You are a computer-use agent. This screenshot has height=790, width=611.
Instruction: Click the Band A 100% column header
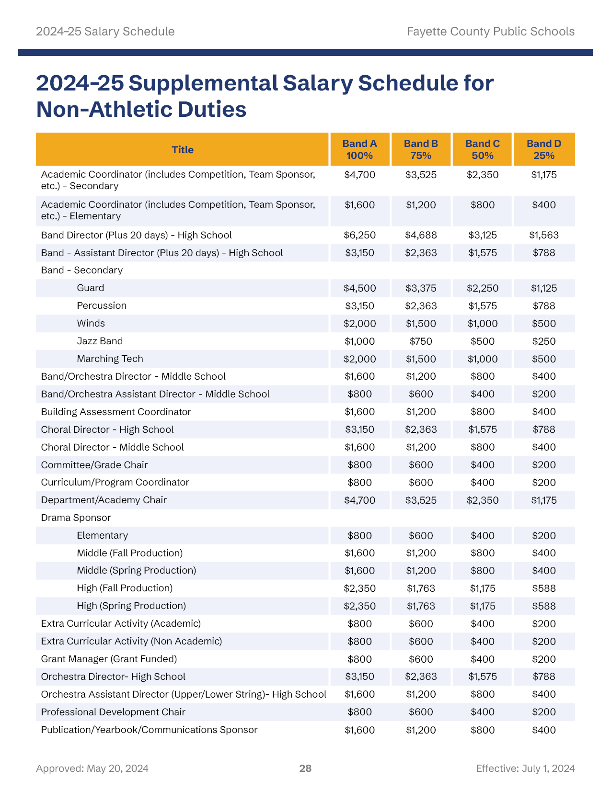pos(359,149)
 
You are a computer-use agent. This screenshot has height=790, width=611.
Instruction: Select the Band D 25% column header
pos(544,149)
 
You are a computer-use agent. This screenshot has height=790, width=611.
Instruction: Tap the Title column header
pos(183,150)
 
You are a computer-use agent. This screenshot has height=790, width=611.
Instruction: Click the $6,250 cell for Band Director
pos(359,235)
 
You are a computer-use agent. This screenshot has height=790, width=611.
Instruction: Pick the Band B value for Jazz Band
pos(421,341)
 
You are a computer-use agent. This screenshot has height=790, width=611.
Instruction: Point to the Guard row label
pos(90,288)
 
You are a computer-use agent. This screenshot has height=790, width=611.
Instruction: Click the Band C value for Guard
pos(483,288)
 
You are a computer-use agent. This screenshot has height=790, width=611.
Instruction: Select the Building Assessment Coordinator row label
pos(116,412)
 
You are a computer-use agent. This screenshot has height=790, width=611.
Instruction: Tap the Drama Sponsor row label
pos(76,518)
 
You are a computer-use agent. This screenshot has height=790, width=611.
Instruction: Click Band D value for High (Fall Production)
pos(544,588)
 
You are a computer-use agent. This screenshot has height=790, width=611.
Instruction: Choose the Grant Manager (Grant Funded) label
pos(109,659)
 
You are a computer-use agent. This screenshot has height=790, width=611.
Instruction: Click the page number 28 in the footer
pos(305,768)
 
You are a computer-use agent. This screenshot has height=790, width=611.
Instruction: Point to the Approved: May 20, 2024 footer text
pos(92,768)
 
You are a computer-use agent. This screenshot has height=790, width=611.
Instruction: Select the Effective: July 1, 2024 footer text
pos(525,768)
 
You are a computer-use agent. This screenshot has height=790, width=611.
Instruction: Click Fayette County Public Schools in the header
pos(490,32)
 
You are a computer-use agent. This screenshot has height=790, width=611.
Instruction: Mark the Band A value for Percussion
pos(359,306)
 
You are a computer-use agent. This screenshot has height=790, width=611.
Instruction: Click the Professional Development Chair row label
pos(113,712)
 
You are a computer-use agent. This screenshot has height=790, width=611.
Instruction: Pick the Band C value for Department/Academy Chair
pos(483,500)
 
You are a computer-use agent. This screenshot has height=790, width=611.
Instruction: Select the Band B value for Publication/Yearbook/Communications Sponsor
pos(421,730)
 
